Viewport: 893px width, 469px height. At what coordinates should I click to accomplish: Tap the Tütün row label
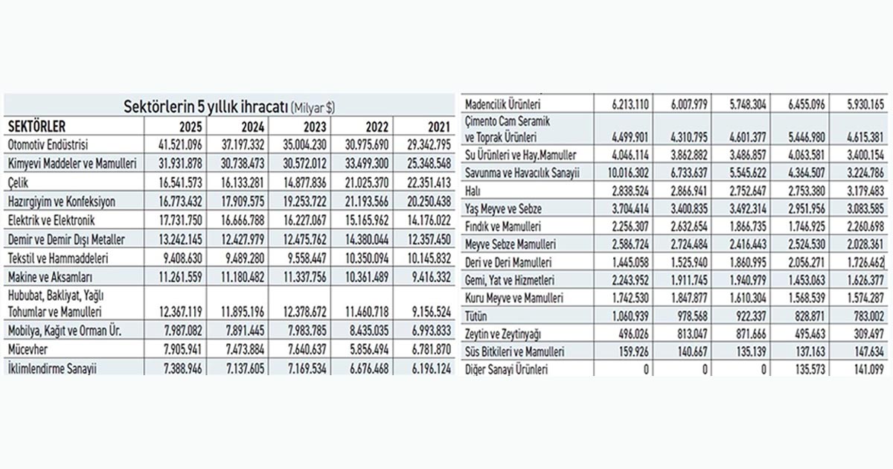tap(476, 316)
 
